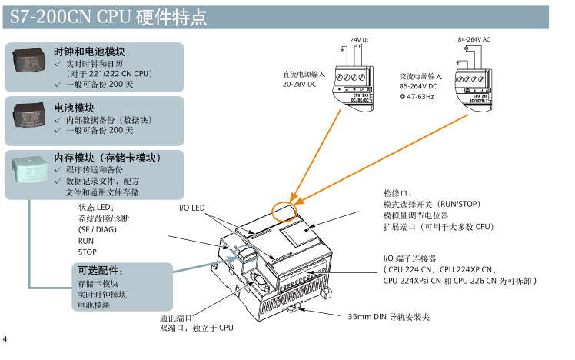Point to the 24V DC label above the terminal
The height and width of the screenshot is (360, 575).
[x=360, y=39]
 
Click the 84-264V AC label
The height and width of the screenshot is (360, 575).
[x=474, y=38]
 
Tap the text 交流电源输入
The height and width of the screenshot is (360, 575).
[x=420, y=77]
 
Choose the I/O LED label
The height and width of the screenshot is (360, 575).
[x=192, y=208]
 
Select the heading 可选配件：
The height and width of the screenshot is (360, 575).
[x=101, y=271]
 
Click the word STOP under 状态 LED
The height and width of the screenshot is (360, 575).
[x=88, y=252]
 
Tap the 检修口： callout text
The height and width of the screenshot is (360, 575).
[x=397, y=193]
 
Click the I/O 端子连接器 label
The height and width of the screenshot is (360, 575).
[x=410, y=258]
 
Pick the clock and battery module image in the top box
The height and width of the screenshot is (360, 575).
[x=28, y=59]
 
